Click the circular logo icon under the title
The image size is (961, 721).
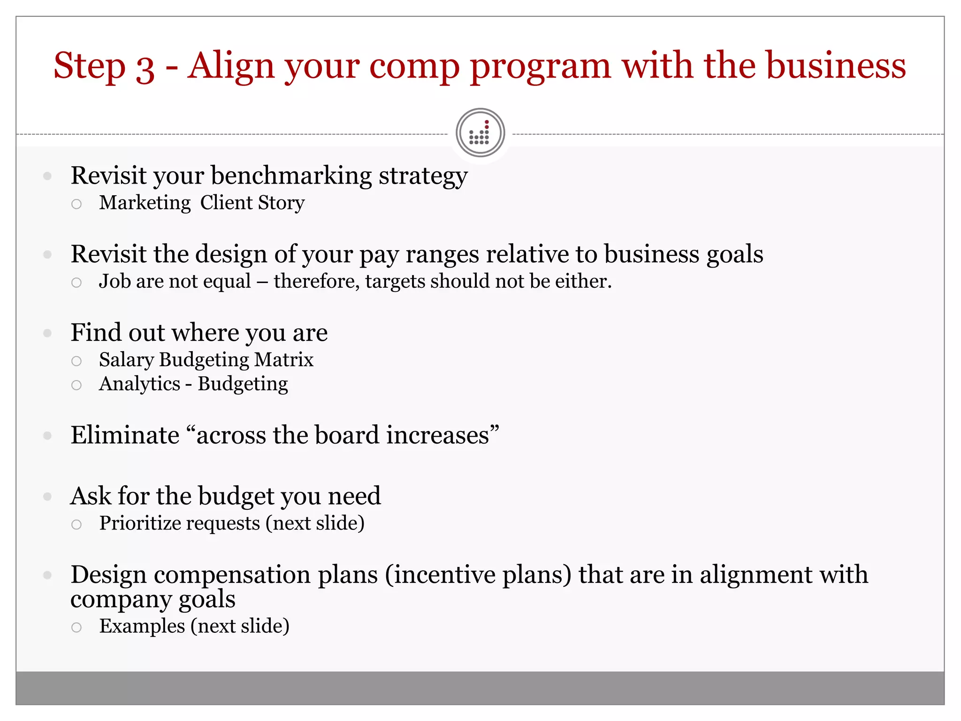pos(480,133)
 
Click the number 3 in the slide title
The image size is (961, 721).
pos(145,67)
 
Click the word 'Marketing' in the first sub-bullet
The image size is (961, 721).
pos(145,203)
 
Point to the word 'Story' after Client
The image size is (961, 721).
pos(281,203)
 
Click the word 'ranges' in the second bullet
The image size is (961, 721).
pos(442,254)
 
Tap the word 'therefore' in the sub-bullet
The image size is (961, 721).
pos(316,281)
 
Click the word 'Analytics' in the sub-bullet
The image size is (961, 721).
pos(139,384)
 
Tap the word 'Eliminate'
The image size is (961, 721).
pos(125,435)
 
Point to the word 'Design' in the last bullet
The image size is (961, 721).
pos(108,575)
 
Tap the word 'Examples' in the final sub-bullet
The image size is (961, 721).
pos(142,626)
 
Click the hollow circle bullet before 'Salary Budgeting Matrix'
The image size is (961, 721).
pos(76,361)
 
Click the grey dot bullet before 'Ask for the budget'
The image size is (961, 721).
pos(47,497)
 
